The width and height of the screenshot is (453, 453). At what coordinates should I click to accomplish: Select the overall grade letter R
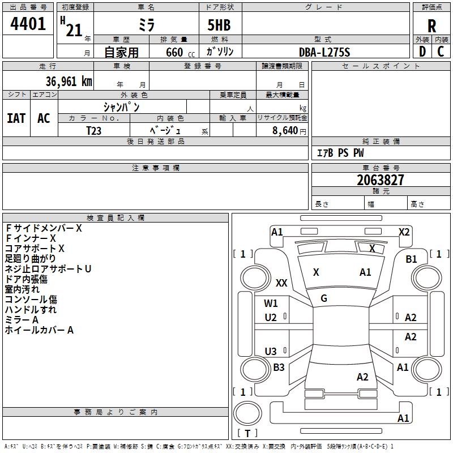[431, 26]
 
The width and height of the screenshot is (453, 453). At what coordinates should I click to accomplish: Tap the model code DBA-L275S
[324, 52]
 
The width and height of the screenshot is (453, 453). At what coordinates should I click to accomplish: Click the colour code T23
[94, 130]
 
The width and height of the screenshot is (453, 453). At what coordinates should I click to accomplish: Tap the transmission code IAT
[16, 118]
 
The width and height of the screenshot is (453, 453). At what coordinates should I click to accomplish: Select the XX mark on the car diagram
[281, 283]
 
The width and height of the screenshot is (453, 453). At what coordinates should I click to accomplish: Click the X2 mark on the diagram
[404, 232]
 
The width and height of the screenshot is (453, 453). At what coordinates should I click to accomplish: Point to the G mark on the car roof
[324, 298]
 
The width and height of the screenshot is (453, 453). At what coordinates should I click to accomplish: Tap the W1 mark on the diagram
[271, 304]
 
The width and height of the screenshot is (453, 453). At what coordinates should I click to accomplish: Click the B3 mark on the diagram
[279, 367]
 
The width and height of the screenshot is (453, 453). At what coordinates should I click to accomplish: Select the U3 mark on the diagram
[271, 351]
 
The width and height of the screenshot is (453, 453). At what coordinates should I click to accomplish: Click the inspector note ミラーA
[22, 320]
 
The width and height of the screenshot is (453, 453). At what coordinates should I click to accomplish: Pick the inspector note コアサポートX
[35, 249]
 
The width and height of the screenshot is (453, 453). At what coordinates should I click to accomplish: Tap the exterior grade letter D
[422, 52]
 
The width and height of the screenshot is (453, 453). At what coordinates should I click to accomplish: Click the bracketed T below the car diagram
[247, 433]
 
